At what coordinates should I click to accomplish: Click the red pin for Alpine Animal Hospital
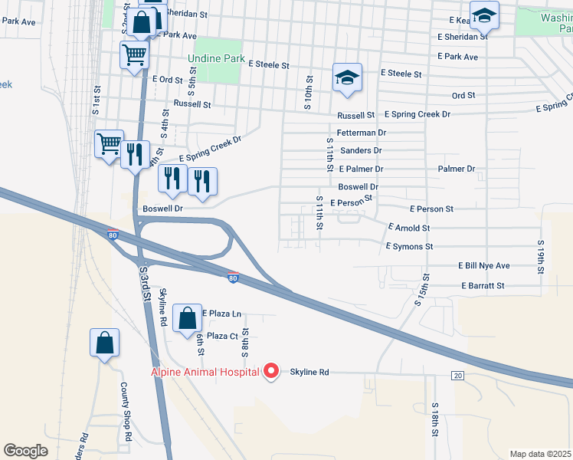pyautogui.click(x=270, y=372)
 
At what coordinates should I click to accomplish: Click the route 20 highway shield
pyautogui.click(x=458, y=375)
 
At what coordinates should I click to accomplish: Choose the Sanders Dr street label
pyautogui.click(x=361, y=150)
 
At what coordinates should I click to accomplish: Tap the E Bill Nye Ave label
pyautogui.click(x=483, y=266)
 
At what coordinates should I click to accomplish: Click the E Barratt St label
pyautogui.click(x=483, y=285)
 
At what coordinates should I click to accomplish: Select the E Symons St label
pyautogui.click(x=409, y=246)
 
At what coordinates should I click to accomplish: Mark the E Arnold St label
pyautogui.click(x=409, y=228)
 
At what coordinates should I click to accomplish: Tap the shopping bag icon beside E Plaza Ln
pyautogui.click(x=187, y=317)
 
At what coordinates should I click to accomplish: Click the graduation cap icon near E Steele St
pyautogui.click(x=347, y=77)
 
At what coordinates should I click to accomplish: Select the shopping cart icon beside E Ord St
pyautogui.click(x=134, y=54)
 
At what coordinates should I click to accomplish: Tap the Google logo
pyautogui.click(x=25, y=451)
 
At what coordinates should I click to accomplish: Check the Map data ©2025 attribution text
pyautogui.click(x=540, y=454)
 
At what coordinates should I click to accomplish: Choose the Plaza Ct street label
pyautogui.click(x=223, y=336)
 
